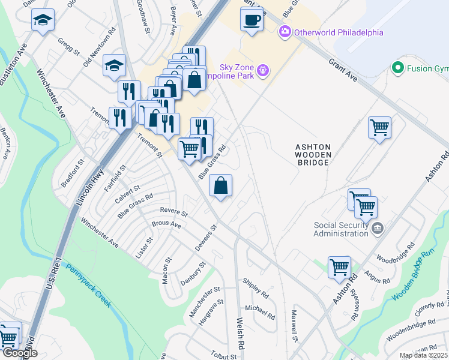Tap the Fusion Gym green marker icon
(x=397, y=68)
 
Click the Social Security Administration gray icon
(x=378, y=228)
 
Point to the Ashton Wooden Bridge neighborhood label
(x=312, y=154)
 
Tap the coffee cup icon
(x=252, y=19)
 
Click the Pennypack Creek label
(x=88, y=286)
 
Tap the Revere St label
(x=174, y=212)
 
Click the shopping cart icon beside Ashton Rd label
(x=340, y=266)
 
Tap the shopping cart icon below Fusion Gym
(x=379, y=127)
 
